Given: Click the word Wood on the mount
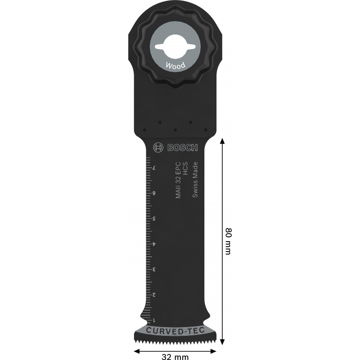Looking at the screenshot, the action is [x=175, y=66].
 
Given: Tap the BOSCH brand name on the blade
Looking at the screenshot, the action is [x=183, y=148].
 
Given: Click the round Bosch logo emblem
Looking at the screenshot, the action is [x=158, y=148].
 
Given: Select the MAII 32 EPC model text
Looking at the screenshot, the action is [x=178, y=180].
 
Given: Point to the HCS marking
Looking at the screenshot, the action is [x=185, y=168].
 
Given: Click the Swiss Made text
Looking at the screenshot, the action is [x=195, y=180].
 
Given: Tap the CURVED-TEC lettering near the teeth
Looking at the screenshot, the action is [x=175, y=331].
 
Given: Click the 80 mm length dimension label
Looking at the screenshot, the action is [x=228, y=241].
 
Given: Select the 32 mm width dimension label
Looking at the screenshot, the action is [x=175, y=356].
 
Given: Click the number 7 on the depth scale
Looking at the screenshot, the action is [x=154, y=168].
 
